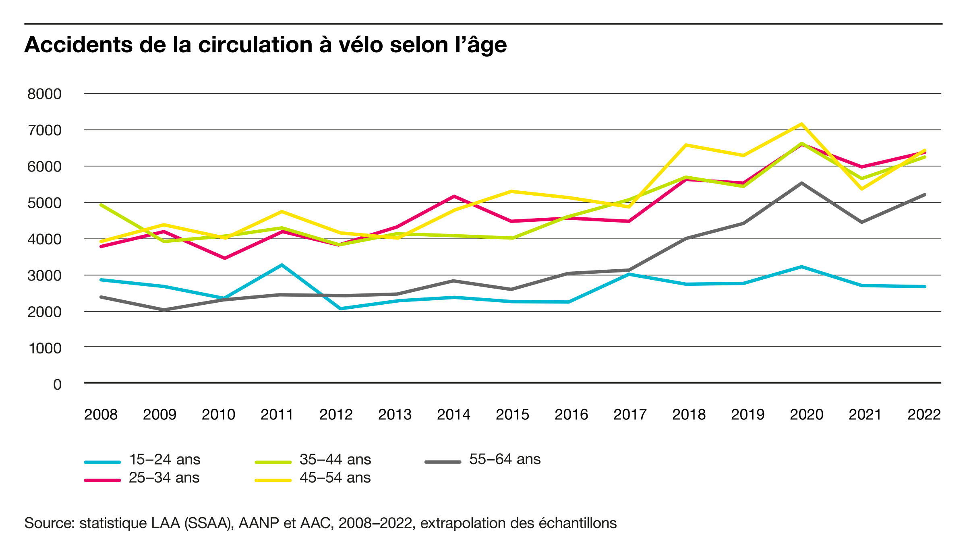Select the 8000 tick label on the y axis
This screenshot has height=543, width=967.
click(44, 94)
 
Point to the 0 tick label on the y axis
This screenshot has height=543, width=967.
click(57, 384)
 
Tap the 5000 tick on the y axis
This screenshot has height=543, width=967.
click(44, 203)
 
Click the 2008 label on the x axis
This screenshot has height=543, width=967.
click(101, 414)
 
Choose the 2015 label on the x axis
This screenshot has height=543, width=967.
click(512, 414)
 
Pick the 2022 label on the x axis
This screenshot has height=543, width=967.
click(924, 414)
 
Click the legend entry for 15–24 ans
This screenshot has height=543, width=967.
click(142, 460)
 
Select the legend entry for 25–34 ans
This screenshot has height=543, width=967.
click(142, 478)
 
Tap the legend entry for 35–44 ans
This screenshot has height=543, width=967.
click(313, 460)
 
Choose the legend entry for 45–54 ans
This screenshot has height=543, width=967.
click(313, 478)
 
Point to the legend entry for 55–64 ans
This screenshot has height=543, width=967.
click(482, 459)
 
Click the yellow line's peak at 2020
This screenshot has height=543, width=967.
click(802, 124)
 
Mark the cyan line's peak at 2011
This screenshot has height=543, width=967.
click(282, 265)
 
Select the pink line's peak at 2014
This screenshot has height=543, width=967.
click(454, 196)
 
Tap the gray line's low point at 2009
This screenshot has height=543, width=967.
click(164, 310)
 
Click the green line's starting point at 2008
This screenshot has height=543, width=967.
click(101, 205)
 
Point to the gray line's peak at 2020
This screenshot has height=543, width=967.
click(802, 183)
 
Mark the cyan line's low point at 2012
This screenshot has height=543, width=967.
click(340, 309)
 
